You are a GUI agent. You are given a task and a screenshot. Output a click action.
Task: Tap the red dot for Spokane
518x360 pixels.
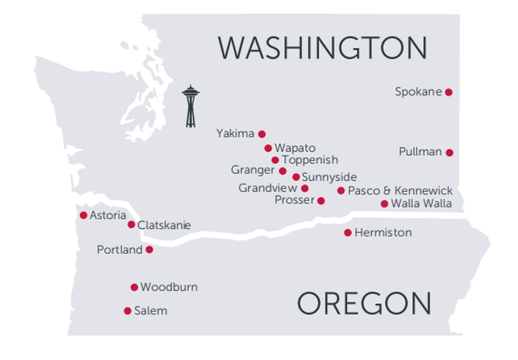click(448, 92)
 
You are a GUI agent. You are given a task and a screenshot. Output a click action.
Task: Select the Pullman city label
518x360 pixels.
click(420, 152)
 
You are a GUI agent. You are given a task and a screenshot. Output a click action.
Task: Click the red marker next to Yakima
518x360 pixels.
click(262, 134)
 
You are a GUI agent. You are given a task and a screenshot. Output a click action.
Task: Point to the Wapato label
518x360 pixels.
click(295, 148)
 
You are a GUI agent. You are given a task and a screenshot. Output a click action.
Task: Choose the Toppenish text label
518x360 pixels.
click(310, 160)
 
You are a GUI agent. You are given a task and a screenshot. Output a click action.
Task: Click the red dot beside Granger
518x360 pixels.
click(283, 171)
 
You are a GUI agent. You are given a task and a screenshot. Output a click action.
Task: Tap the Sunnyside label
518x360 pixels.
click(329, 177)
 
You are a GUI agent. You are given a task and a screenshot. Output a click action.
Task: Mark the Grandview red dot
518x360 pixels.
click(305, 188)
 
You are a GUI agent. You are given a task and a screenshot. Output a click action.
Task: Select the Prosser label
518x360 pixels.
click(294, 200)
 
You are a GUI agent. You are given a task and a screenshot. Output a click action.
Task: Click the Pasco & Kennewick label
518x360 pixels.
click(400, 190)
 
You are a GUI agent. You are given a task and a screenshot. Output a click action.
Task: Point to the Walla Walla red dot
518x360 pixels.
click(384, 204)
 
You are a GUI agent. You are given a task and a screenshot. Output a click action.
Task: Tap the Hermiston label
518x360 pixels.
click(383, 233)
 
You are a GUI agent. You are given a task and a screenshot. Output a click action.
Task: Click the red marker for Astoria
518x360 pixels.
click(84, 215)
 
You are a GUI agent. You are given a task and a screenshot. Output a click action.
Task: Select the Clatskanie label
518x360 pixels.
click(164, 225)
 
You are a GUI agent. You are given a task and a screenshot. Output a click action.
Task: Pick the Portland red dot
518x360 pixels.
click(149, 250)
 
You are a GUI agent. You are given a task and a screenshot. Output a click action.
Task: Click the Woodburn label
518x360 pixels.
click(169, 287)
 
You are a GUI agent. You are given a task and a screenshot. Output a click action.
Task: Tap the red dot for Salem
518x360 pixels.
click(128, 311)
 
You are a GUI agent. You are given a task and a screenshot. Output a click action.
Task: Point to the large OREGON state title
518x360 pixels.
click(364, 304)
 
